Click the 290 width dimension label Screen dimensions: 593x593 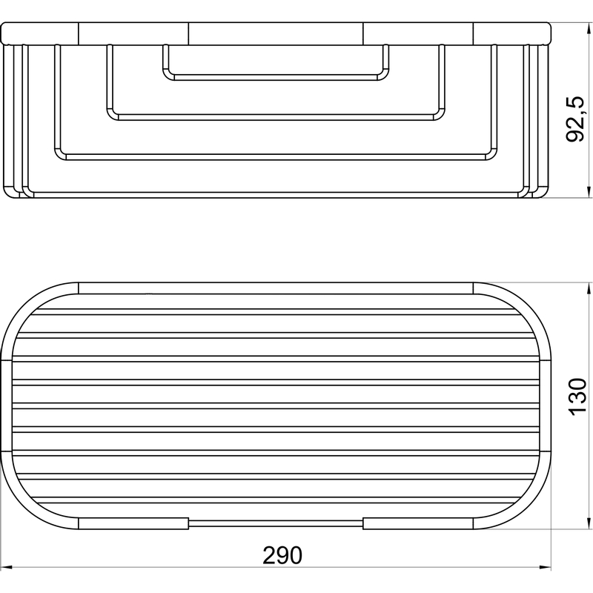tap(282, 555)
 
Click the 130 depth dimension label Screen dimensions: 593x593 tap(578, 397)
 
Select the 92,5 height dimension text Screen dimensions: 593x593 tap(575, 119)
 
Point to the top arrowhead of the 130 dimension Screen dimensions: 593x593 tap(589, 288)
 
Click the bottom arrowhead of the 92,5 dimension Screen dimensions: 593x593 tap(589, 192)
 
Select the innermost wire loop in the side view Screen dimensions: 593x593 tap(276, 78)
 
